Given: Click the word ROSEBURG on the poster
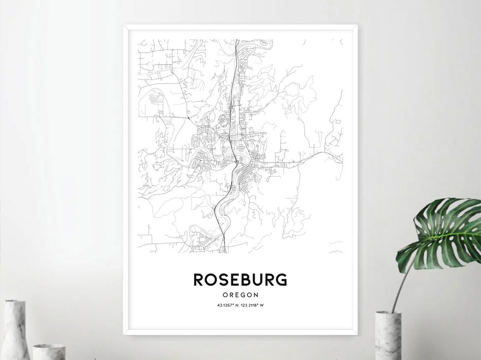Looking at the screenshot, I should pyautogui.click(x=240, y=279).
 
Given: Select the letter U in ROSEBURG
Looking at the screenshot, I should pyautogui.click(x=258, y=279).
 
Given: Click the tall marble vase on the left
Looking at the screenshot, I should pyautogui.click(x=16, y=331).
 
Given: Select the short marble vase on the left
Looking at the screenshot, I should pyautogui.click(x=49, y=352).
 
